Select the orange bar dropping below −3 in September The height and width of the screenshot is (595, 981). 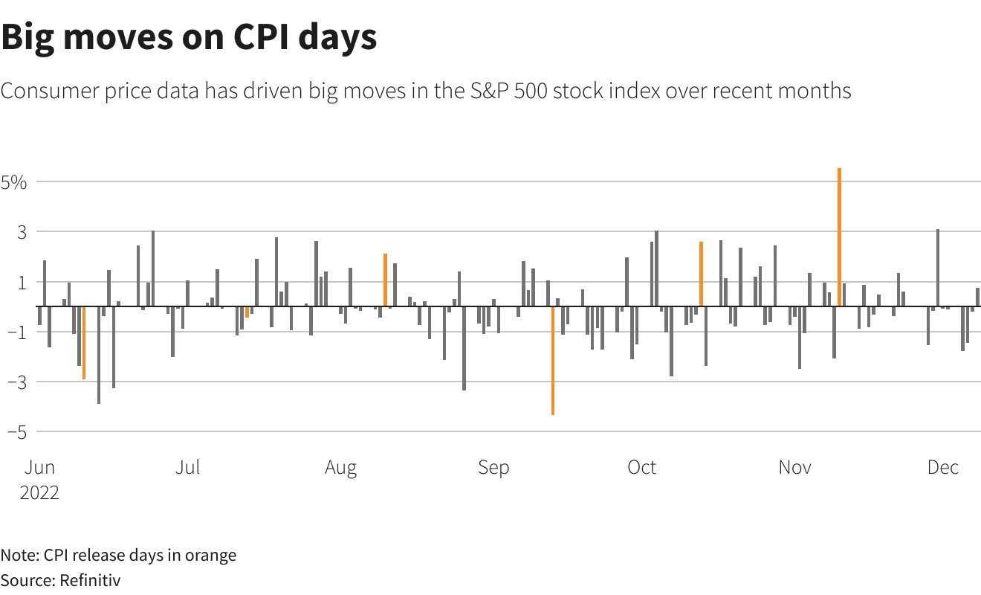coord(553,360)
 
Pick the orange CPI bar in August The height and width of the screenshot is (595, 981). coord(385,280)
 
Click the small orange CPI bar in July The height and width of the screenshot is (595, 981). coord(247,312)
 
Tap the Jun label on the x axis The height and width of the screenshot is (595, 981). coord(39,468)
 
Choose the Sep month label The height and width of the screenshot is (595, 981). coord(493,468)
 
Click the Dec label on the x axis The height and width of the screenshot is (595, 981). coord(942,468)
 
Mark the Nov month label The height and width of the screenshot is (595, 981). coord(794,468)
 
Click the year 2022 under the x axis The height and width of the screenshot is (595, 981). coord(39,492)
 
